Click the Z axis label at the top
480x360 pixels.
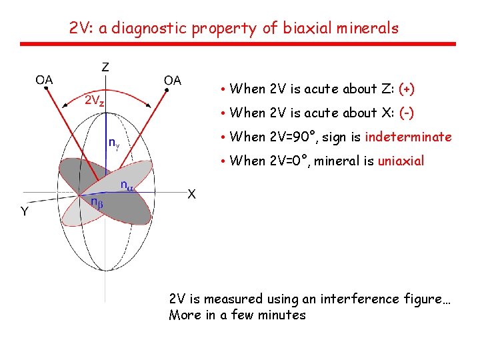pyautogui.click(x=105, y=67)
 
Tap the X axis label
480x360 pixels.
pyautogui.click(x=191, y=195)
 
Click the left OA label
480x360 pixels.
pyautogui.click(x=45, y=80)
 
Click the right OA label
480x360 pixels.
pyautogui.click(x=172, y=81)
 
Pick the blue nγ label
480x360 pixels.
pyautogui.click(x=115, y=142)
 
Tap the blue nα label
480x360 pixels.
pyautogui.click(x=126, y=185)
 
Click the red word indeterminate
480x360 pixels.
pyautogui.click(x=408, y=137)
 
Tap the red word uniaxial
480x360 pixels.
pyautogui.click(x=401, y=161)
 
